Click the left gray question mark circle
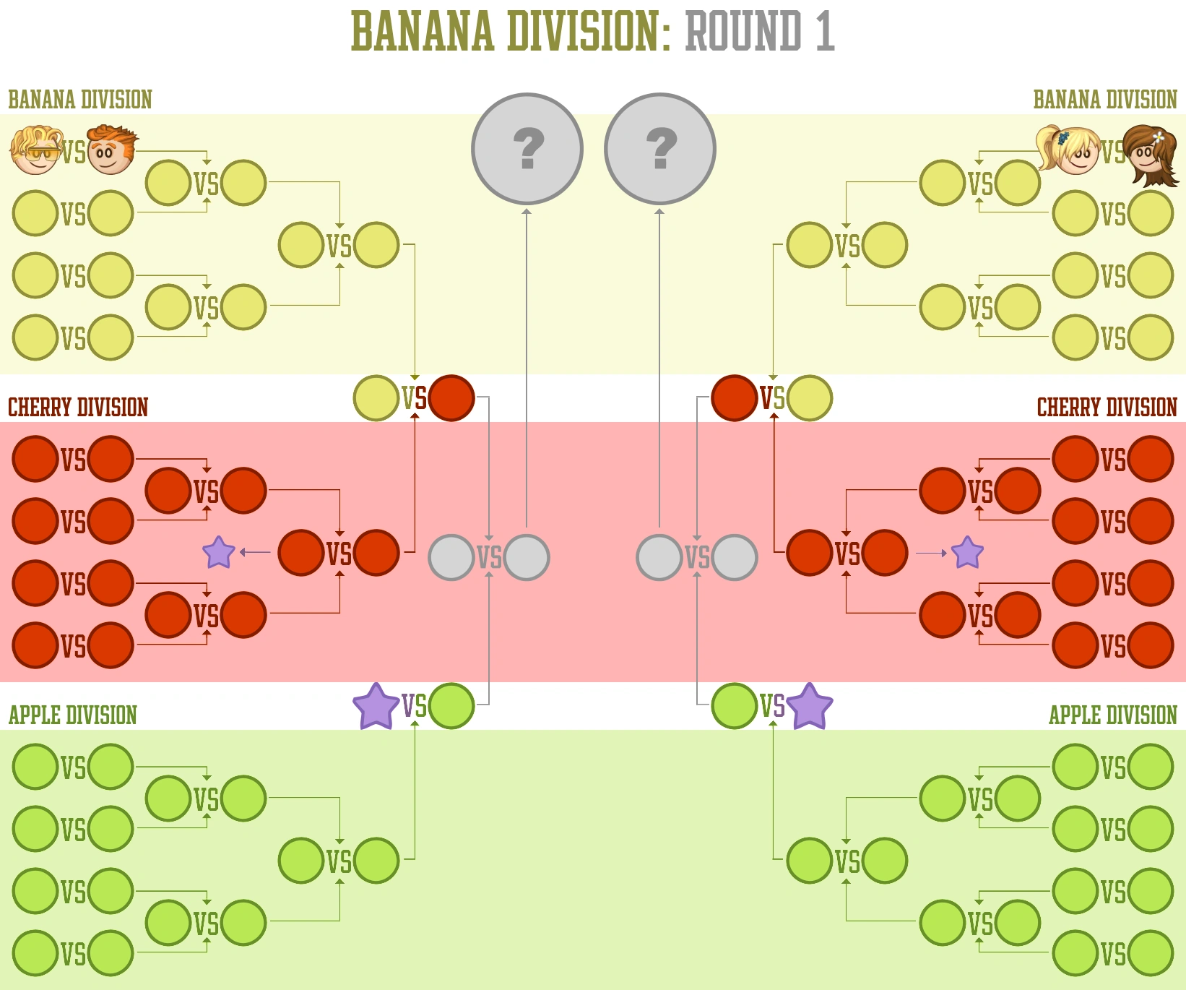click(x=527, y=149)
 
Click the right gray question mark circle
click(x=659, y=149)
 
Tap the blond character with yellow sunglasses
click(x=35, y=150)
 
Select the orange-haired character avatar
click(x=111, y=150)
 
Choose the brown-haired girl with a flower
click(x=1150, y=154)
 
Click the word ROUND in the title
click(x=743, y=32)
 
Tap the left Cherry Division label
click(x=78, y=408)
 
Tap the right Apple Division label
click(x=1112, y=715)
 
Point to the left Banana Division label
click(x=80, y=100)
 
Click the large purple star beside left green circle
click(x=376, y=706)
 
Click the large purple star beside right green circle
click(x=809, y=706)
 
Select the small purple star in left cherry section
click(x=219, y=553)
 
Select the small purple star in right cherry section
click(x=967, y=553)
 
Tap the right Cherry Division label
click(x=1107, y=408)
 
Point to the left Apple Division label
click(x=73, y=715)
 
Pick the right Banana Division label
click(x=1105, y=100)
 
